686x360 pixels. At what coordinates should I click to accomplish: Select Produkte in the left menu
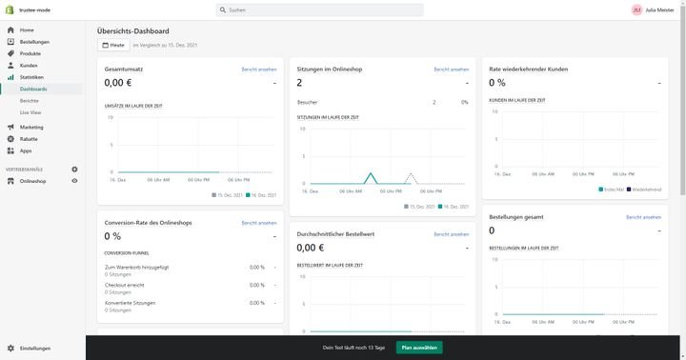click(30, 53)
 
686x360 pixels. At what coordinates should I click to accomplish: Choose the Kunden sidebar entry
click(29, 65)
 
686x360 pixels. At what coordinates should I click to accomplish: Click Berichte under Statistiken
click(30, 100)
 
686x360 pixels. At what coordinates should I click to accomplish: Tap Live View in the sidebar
click(30, 111)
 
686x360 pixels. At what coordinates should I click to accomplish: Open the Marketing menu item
click(31, 127)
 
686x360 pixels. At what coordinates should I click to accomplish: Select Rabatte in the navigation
click(29, 138)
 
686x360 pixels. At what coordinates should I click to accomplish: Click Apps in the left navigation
click(26, 150)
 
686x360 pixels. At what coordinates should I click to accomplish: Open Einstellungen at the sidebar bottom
click(34, 349)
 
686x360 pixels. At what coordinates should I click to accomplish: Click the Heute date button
click(112, 45)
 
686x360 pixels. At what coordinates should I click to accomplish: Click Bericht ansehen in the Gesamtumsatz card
click(259, 70)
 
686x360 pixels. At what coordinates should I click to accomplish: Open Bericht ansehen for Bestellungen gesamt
click(643, 217)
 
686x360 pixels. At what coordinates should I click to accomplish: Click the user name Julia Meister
click(660, 10)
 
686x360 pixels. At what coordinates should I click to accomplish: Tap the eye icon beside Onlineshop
click(74, 180)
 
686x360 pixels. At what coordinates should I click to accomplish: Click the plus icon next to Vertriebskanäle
click(74, 169)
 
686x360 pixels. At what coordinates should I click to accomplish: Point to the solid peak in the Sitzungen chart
click(373, 173)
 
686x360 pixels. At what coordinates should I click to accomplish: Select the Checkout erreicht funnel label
click(125, 285)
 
